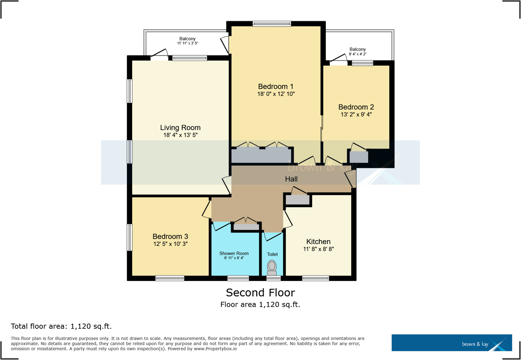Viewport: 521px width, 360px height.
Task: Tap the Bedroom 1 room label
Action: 276,87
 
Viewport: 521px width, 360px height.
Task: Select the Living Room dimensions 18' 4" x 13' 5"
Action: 180,135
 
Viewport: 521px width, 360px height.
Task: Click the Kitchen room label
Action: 318,242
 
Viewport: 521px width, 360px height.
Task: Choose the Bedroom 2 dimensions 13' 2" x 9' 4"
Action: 356,115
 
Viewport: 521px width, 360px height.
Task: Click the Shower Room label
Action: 234,253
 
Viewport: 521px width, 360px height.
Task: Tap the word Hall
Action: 291,179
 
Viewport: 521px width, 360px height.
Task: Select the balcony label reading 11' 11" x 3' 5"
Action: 187,43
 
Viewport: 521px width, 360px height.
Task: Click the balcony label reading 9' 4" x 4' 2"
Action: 358,54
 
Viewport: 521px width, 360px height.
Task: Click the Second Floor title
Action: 260,293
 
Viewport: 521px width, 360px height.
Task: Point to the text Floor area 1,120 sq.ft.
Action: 260,305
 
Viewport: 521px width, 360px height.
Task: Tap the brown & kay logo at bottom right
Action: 451,343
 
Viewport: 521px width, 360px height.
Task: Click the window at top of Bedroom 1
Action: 272,24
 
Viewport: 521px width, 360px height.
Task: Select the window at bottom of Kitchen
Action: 315,278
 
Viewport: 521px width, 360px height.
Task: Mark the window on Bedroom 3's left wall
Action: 129,237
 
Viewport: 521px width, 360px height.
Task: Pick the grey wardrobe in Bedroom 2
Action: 359,157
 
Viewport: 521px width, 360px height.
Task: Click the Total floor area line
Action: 61,327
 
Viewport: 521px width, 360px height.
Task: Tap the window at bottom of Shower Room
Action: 238,278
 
